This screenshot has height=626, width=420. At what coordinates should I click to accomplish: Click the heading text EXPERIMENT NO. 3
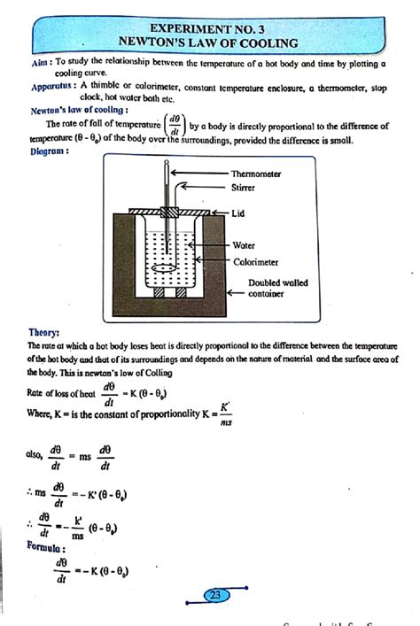coord(210,28)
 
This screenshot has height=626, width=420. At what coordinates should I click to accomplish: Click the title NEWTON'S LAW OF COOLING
coord(210,42)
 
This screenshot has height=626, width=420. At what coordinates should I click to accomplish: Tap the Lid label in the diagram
coord(238,213)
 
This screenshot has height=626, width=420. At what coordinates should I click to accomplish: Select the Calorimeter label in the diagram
coord(256,262)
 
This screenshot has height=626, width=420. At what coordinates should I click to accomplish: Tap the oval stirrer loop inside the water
coord(166,264)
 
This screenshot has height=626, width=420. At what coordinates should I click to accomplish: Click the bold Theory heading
coord(44,332)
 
